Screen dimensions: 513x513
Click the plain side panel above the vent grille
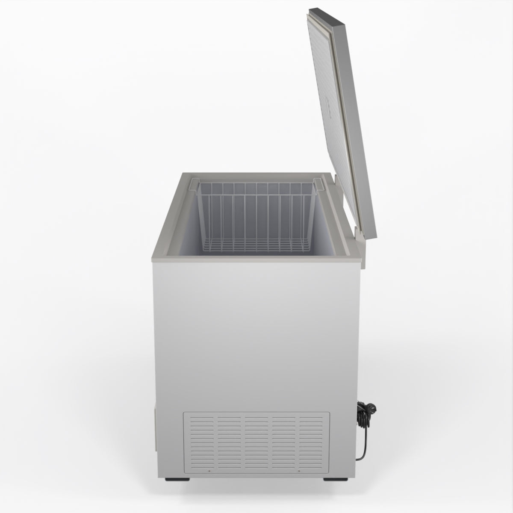(256, 333)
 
